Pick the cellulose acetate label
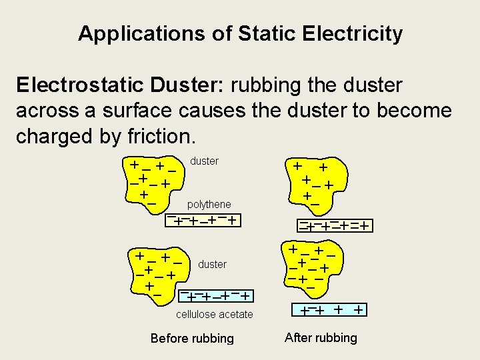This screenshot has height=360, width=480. [x=214, y=314]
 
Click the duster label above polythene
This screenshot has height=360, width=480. [x=204, y=161]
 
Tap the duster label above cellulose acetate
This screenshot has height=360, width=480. [x=212, y=264]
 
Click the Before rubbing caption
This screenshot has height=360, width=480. [x=192, y=338]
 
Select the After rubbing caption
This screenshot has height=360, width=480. [x=321, y=337]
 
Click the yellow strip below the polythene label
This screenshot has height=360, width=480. [x=205, y=219]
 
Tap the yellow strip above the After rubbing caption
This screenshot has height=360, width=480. [x=331, y=309]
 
